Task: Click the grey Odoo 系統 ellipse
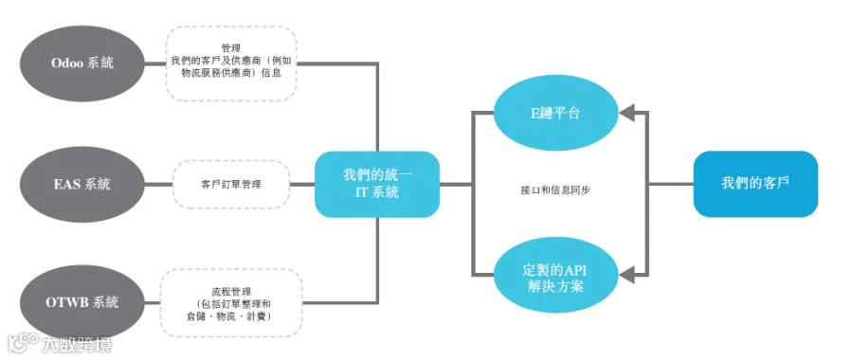tap(82, 63)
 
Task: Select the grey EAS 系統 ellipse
tap(82, 184)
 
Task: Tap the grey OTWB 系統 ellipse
tap(82, 302)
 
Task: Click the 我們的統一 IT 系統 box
tap(377, 184)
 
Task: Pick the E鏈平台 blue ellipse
tap(555, 114)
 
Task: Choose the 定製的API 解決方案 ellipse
tap(555, 278)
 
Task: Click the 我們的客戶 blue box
tap(755, 184)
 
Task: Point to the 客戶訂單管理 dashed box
tap(230, 184)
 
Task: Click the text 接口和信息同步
tap(555, 190)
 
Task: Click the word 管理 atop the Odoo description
tap(230, 48)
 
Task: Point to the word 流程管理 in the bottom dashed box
tap(230, 292)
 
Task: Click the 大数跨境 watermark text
tap(77, 345)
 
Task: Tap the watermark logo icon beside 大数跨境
tap(24, 345)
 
